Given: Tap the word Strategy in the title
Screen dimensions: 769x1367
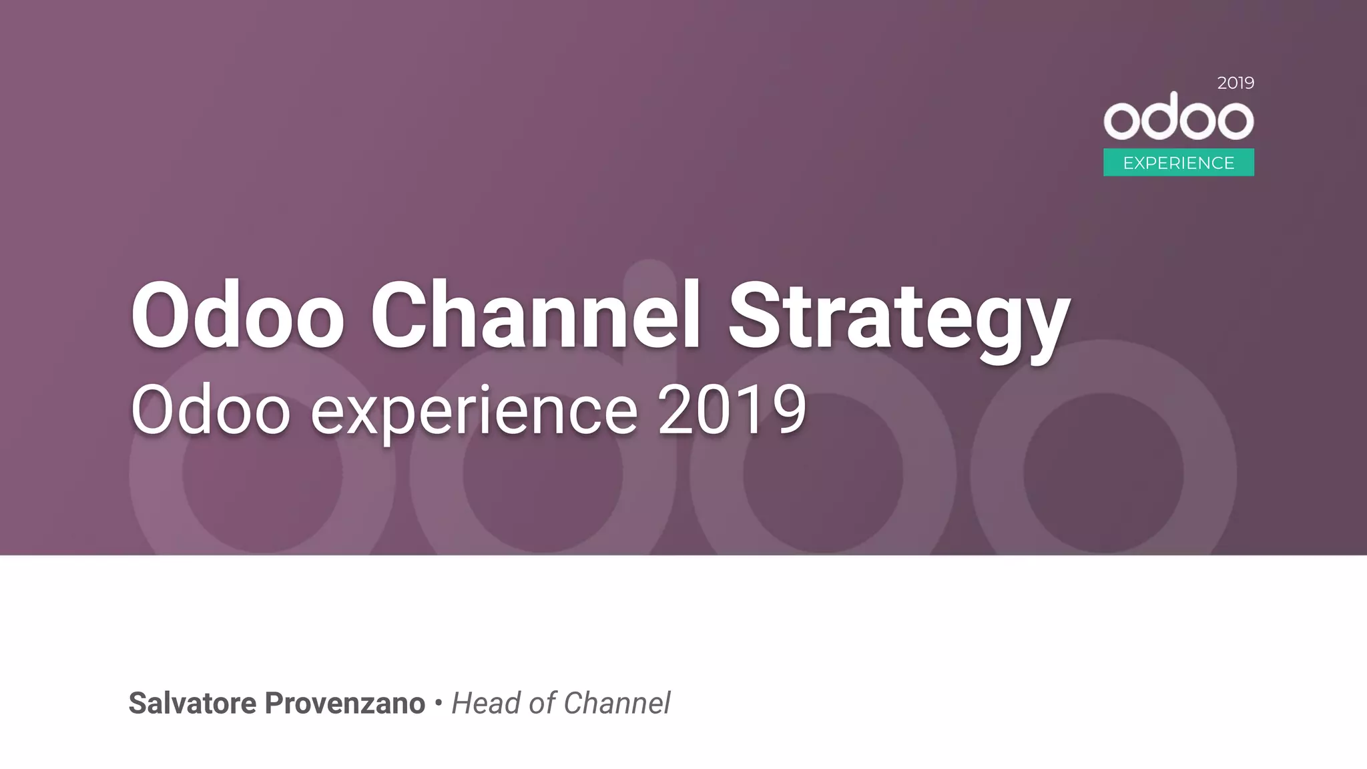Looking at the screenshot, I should coord(898,317).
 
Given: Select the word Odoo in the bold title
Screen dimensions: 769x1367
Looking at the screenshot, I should coord(237,315).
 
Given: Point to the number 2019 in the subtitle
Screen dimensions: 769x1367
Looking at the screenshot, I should coord(732,411).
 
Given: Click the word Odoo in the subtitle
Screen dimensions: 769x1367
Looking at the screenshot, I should coord(210,411).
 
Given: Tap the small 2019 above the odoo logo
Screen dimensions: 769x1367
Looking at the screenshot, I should coord(1236,83).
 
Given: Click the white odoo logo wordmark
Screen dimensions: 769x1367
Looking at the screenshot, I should coord(1179,117).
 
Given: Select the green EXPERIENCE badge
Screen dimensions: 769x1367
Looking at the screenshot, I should coord(1179,163).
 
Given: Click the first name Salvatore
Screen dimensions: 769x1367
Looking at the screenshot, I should coord(192,704).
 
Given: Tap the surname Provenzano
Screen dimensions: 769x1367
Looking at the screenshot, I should coord(345,704).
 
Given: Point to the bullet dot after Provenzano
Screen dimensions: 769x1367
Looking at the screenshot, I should coord(439,702).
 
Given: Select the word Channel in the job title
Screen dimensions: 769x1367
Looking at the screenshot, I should coord(617,704).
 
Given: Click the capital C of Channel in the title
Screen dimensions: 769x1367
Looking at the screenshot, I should coord(398,315).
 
